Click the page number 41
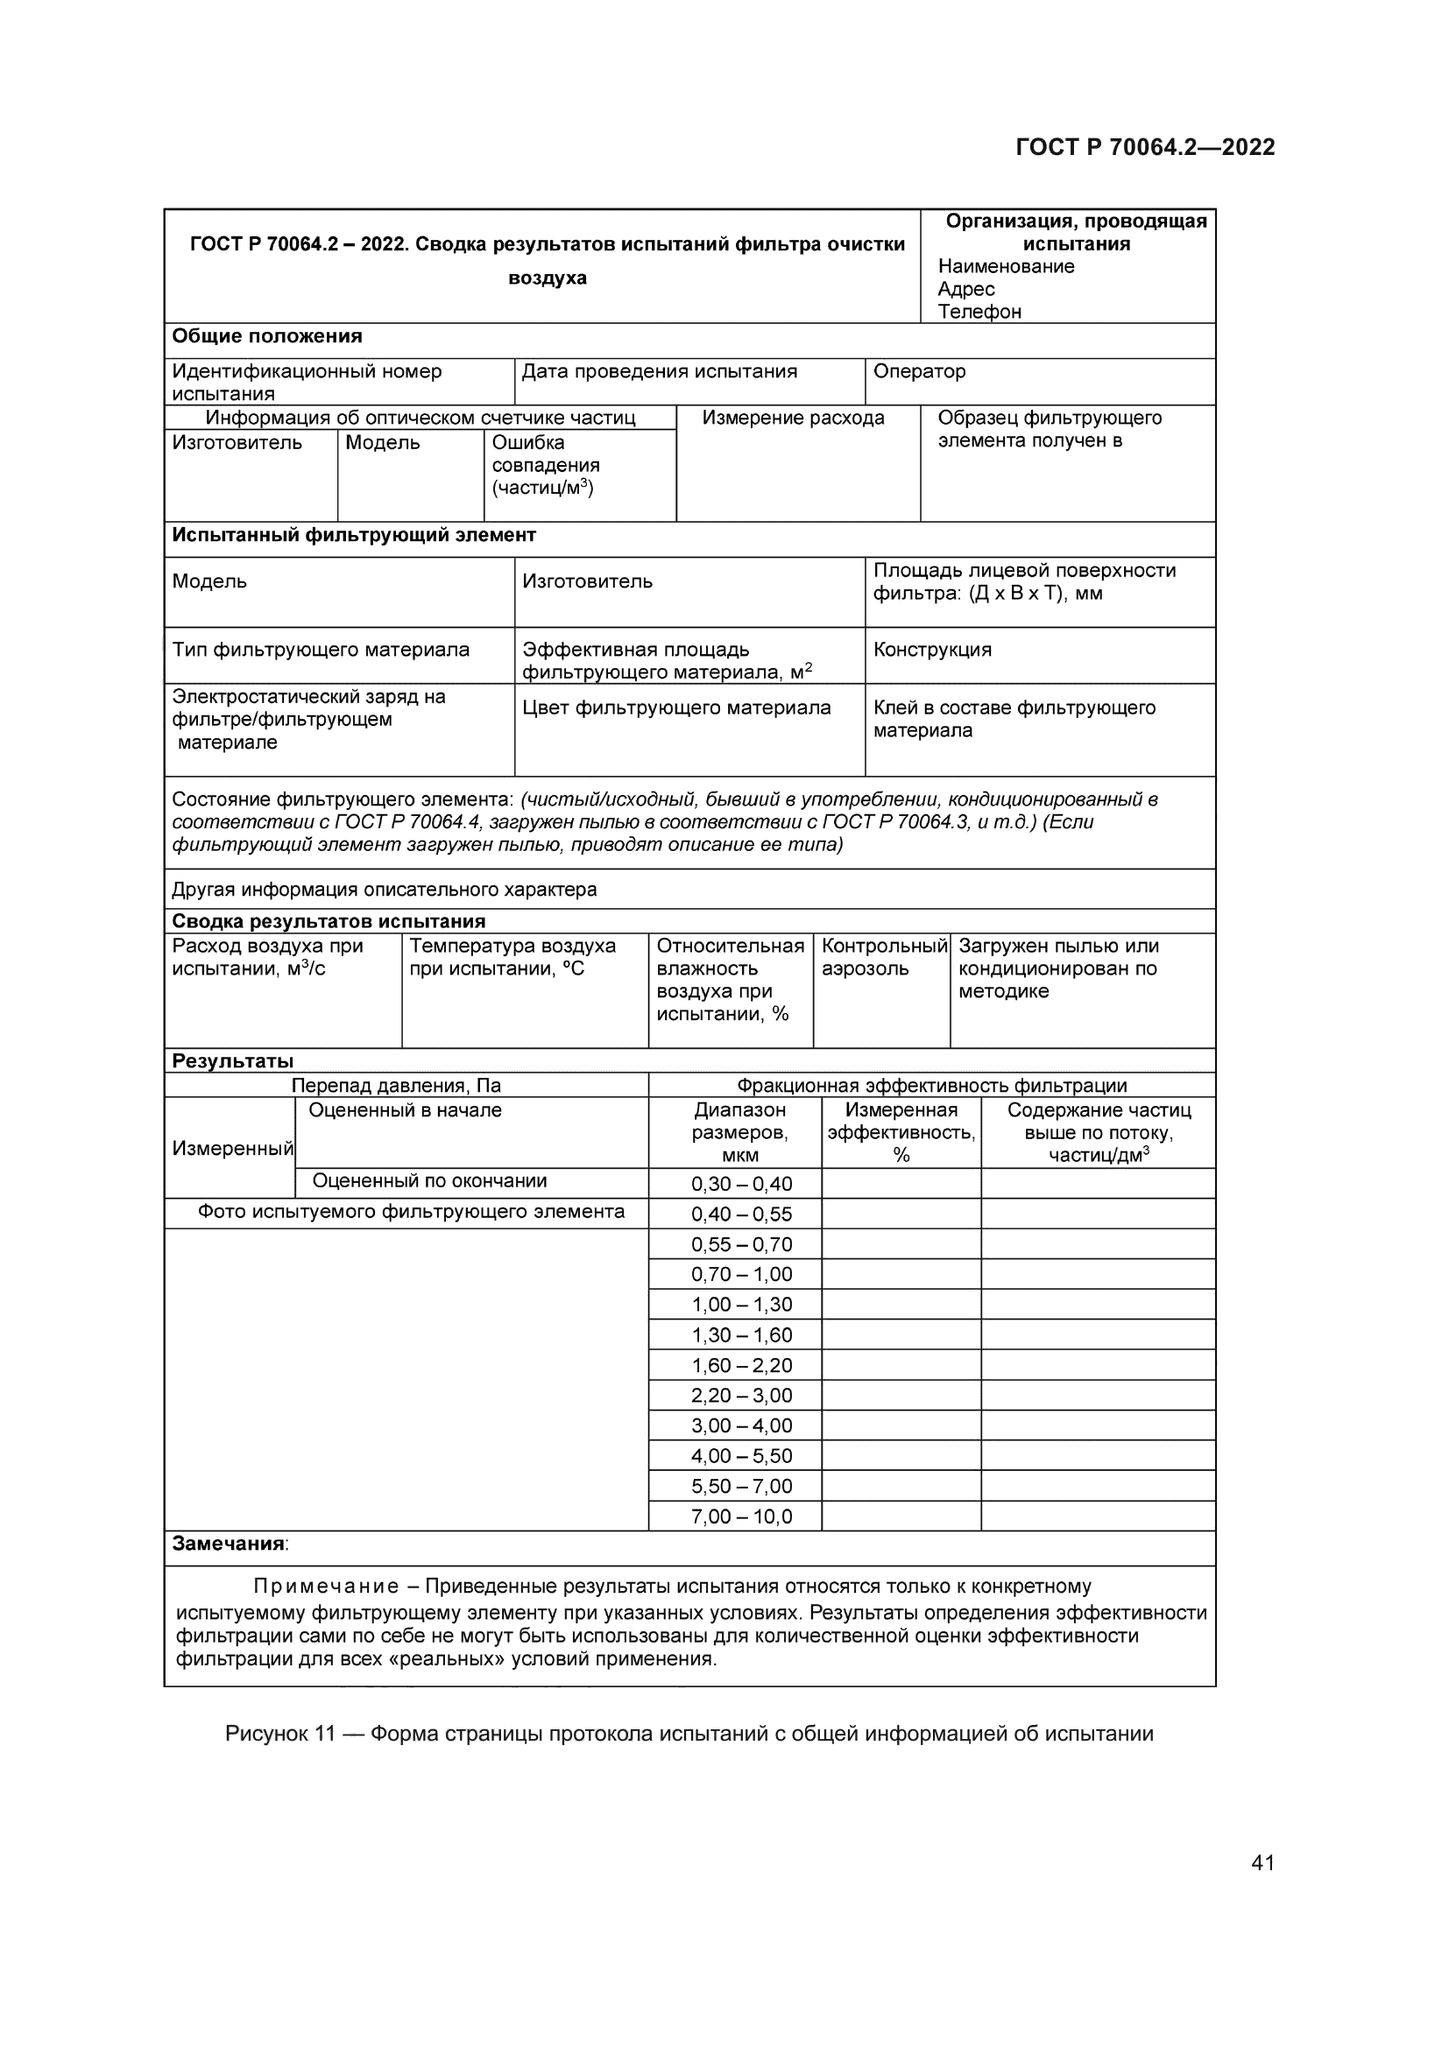[1262, 1861]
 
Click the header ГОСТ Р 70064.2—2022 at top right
[1145, 147]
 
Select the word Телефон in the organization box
[979, 312]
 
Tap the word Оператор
[919, 371]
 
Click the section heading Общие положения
[267, 336]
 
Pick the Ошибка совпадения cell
[545, 465]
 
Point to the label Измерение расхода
[792, 418]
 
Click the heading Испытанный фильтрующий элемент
[353, 535]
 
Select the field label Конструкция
[931, 650]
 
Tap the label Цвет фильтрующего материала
[675, 707]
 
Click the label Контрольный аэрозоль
[882, 957]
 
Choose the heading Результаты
[232, 1060]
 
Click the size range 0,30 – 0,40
[740, 1184]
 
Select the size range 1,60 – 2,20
[740, 1365]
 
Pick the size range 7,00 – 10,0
[740, 1517]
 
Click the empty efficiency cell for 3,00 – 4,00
[901, 1425]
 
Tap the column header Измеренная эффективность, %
[901, 1132]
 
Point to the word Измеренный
[232, 1148]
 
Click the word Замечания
[229, 1543]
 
